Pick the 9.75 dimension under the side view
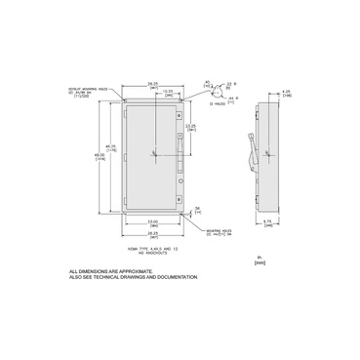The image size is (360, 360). coord(268,222)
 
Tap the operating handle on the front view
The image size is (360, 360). coord(180,146)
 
